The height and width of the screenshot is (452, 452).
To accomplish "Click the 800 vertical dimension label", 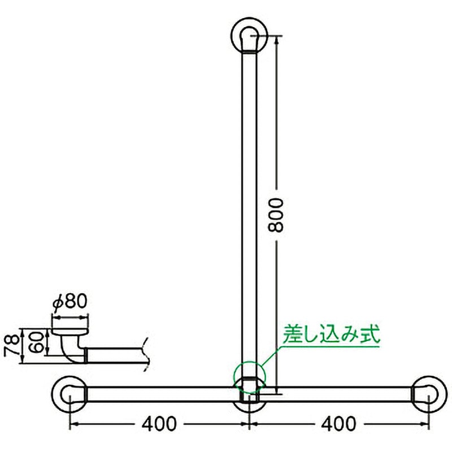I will point(276,215).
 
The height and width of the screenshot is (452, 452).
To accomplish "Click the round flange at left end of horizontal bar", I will point(69,394).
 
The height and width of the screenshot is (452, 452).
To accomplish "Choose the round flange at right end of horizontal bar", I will point(428,394).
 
